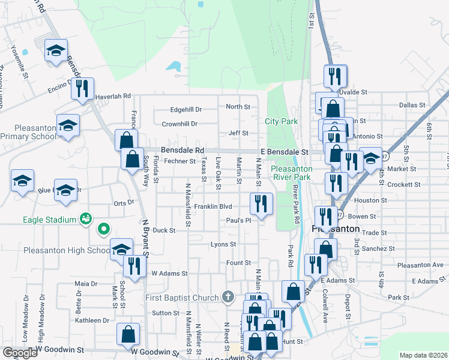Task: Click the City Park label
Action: coord(281,121)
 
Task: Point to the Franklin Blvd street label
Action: coord(212,206)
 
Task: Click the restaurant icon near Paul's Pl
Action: coord(261,203)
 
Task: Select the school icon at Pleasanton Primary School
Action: coord(68,126)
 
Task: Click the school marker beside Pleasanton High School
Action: coord(121,250)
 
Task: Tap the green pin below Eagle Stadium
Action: coord(103,228)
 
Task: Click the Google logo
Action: coord(19,353)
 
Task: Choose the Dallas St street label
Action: coord(412,105)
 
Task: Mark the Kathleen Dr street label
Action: coord(92,320)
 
